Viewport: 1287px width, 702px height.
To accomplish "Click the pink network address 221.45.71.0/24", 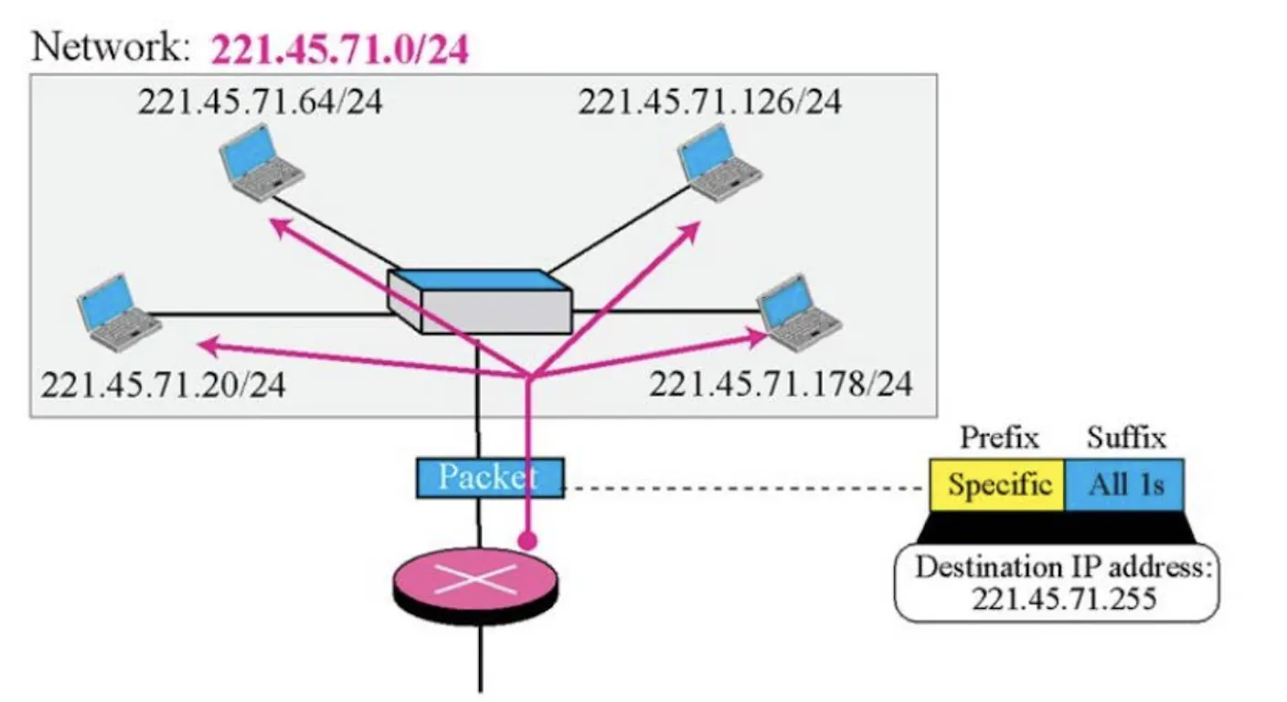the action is (x=340, y=49).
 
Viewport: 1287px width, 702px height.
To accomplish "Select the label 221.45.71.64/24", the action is (x=261, y=101).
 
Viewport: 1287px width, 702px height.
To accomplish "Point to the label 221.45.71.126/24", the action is (x=709, y=101).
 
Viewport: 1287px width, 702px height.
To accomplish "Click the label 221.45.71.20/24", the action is (x=164, y=384).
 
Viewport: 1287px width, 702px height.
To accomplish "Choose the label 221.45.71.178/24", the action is (x=781, y=384).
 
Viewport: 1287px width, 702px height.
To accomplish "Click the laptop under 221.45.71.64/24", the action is (x=261, y=163).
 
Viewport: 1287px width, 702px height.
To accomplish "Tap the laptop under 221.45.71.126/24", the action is (x=719, y=163).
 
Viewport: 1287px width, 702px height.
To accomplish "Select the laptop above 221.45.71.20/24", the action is (x=119, y=313).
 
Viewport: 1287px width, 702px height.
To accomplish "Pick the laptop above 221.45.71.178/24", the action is (x=799, y=313).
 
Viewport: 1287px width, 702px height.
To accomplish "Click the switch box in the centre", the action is (x=480, y=302).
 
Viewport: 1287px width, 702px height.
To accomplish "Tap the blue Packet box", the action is (x=490, y=477).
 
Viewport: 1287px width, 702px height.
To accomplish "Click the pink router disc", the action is (x=475, y=585).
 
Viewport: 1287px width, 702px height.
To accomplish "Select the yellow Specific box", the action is (x=997, y=484).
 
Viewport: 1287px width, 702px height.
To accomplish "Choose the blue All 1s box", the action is (x=1124, y=484).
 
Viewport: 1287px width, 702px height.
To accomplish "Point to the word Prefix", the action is (x=1000, y=438).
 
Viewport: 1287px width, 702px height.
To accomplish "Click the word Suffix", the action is (x=1126, y=438).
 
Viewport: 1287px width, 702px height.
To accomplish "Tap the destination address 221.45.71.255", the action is (x=1064, y=600).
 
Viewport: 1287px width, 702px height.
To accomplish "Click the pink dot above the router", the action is (x=527, y=540).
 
